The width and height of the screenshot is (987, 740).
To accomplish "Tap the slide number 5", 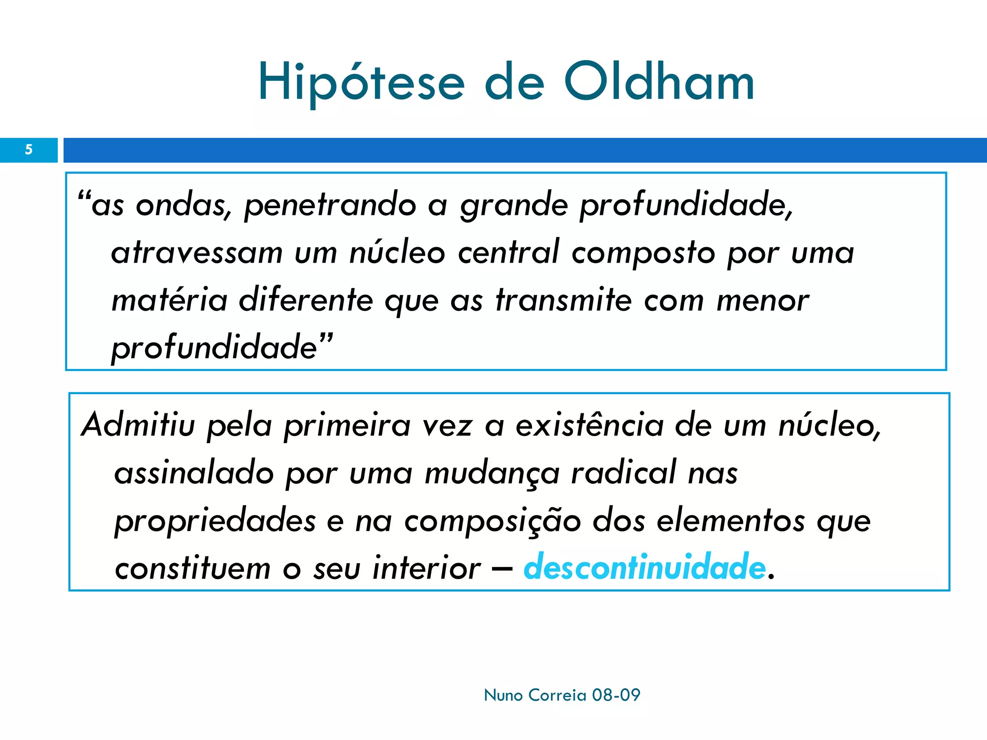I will click(29, 150).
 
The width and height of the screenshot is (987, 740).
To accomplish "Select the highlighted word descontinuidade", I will click(644, 567).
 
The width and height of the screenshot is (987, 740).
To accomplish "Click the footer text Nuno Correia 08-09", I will click(562, 695).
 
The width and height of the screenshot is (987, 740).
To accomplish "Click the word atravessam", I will click(197, 253).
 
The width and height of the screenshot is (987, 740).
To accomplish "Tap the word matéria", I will click(169, 300).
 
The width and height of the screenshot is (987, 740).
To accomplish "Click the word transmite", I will click(563, 300).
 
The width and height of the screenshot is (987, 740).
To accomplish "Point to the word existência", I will click(589, 425).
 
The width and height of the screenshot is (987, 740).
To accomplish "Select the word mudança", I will click(492, 473).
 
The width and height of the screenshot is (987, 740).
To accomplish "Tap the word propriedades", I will click(215, 521).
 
